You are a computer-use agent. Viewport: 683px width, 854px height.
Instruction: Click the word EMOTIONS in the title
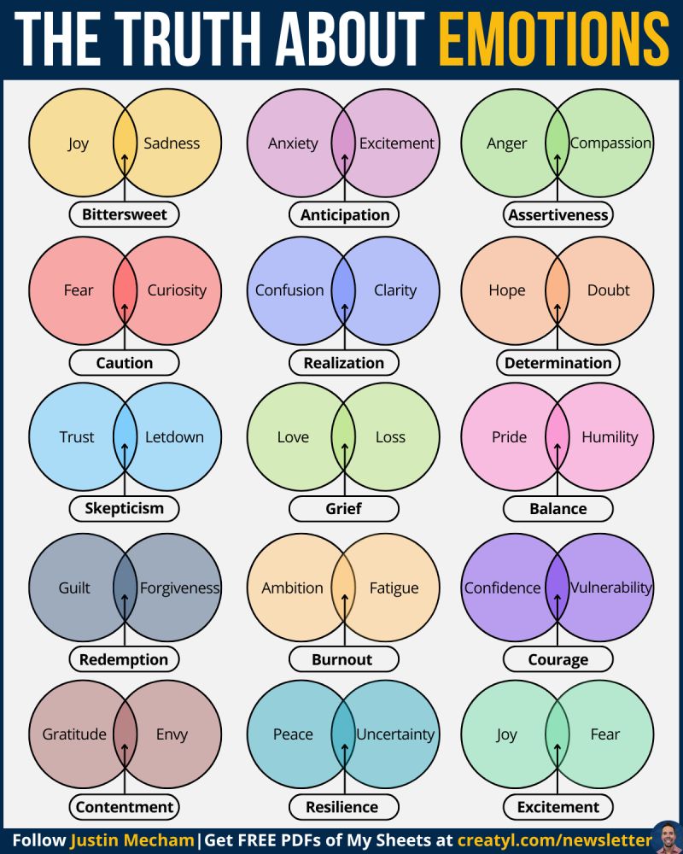coord(553,39)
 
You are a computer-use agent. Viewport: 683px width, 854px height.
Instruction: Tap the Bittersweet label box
coord(125,214)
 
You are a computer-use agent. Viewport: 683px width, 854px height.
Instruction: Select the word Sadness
coord(172,143)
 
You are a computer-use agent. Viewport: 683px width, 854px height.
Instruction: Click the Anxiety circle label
coord(293,143)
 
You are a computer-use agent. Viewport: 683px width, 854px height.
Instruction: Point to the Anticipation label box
coord(344,214)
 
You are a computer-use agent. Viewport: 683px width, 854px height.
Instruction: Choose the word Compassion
coord(610,143)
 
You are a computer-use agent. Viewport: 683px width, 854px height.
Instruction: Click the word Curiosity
coord(177,290)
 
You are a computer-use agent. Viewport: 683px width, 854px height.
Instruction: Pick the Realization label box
coord(344,363)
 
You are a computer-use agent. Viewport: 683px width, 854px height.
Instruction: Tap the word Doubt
coord(609,290)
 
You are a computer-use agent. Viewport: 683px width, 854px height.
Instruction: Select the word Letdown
coord(174,437)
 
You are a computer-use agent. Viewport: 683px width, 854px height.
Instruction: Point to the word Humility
coord(610,437)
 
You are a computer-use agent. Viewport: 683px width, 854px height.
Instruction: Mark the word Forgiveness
coord(179,588)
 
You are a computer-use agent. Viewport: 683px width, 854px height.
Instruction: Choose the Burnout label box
coord(342,659)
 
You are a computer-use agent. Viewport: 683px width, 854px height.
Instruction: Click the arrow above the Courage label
coord(557,608)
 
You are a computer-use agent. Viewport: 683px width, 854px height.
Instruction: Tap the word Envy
coord(172,734)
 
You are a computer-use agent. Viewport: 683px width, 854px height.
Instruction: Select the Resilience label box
coord(342,807)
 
